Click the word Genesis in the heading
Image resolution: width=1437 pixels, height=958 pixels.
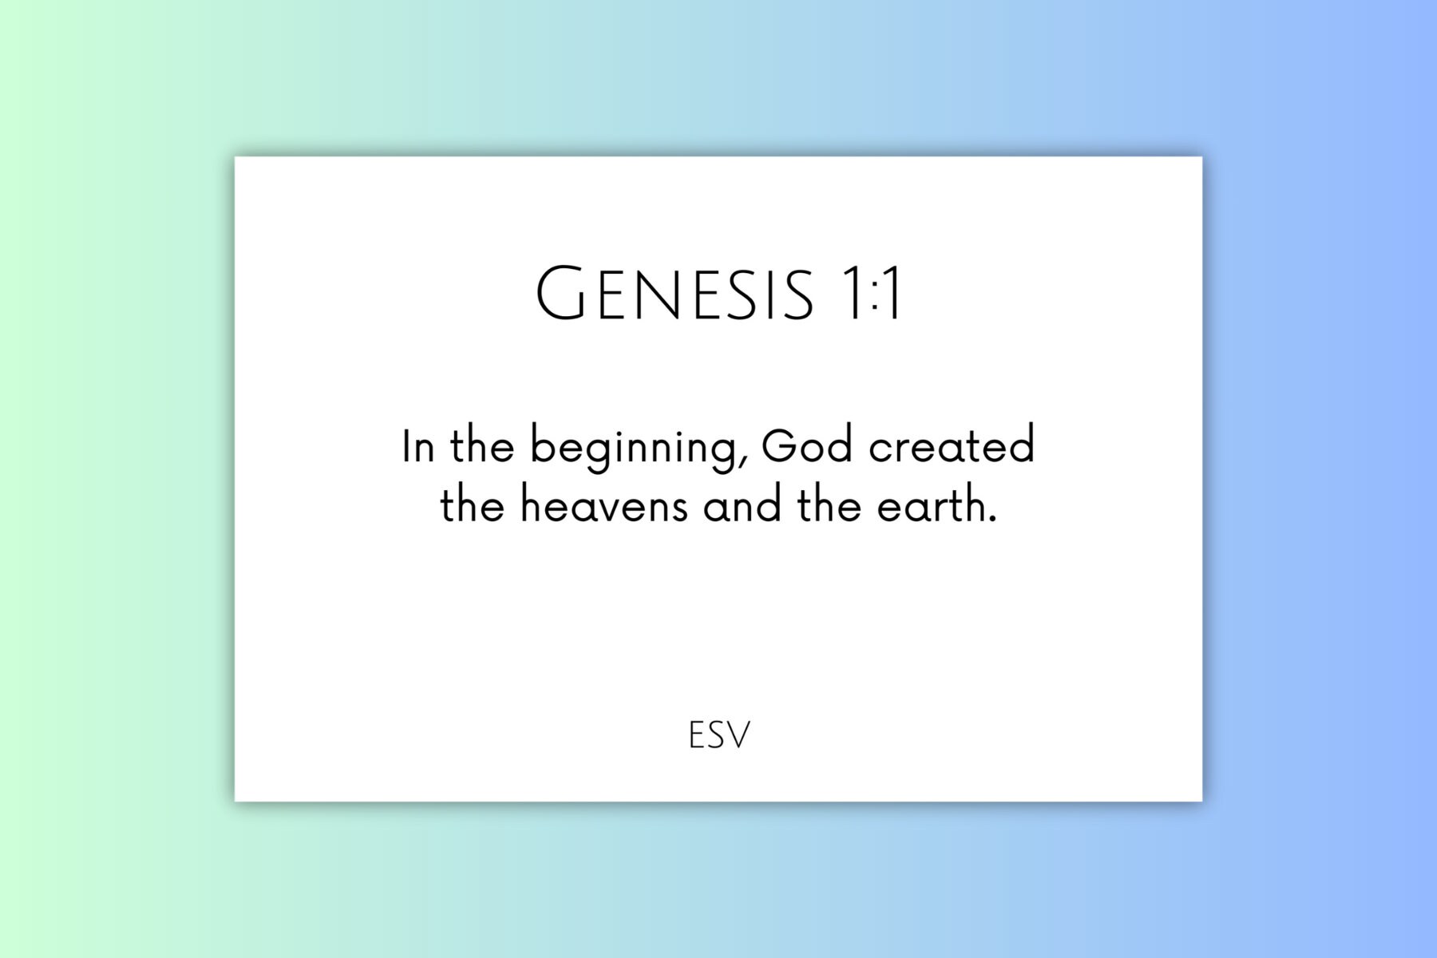[x=675, y=294]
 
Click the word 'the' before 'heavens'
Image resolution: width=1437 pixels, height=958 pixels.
[x=472, y=506]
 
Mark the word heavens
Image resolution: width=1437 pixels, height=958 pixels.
[x=604, y=508]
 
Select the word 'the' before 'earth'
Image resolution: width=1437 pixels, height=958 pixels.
[x=829, y=506]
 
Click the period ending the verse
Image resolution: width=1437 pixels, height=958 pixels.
[x=992, y=520]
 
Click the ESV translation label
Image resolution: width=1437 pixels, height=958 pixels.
[x=718, y=735]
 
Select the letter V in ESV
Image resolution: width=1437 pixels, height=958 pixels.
[x=739, y=735]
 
